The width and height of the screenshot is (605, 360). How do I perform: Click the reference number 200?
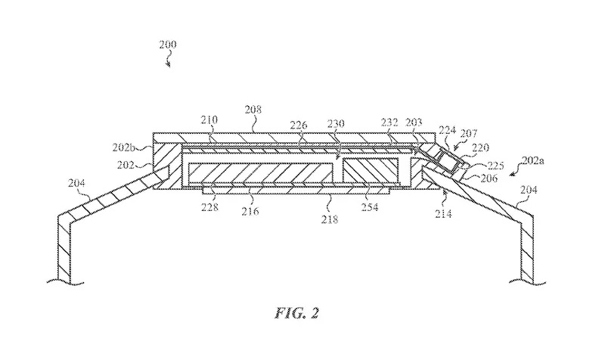click(x=167, y=45)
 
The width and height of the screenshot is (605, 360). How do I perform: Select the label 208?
click(x=253, y=110)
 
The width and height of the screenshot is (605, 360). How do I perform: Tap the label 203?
click(x=414, y=121)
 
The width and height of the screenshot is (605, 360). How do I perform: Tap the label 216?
click(x=250, y=211)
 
